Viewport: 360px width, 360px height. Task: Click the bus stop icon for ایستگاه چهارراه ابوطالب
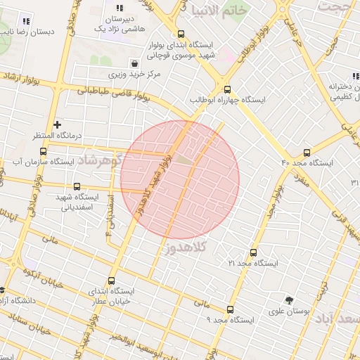pyautogui.click(x=226, y=89)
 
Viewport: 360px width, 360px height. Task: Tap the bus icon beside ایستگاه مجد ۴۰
pyautogui.click(x=307, y=153)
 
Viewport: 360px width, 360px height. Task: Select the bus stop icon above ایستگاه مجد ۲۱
pyautogui.click(x=253, y=252)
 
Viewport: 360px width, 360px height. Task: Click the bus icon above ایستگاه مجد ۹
pyautogui.click(x=230, y=309)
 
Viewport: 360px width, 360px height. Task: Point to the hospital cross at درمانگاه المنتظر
pyautogui.click(x=57, y=124)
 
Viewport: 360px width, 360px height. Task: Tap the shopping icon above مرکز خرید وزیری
pyautogui.click(x=134, y=63)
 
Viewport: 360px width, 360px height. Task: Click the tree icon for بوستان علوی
pyautogui.click(x=288, y=300)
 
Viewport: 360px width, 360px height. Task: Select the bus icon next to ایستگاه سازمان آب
pyautogui.click(x=44, y=151)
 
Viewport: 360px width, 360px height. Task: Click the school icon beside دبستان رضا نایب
pyautogui.click(x=27, y=21)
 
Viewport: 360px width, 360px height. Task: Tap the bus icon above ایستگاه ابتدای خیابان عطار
pyautogui.click(x=94, y=280)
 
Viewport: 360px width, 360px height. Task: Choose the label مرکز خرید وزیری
pyautogui.click(x=134, y=73)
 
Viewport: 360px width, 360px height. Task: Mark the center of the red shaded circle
pyautogui.click(x=180, y=179)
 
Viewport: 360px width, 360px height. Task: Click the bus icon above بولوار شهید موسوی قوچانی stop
pyautogui.click(x=181, y=33)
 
